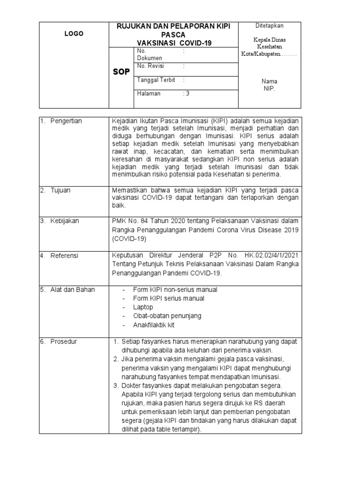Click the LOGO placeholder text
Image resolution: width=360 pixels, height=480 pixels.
(74, 34)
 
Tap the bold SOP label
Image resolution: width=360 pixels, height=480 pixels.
(121, 72)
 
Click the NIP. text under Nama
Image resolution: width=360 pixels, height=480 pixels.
(269, 89)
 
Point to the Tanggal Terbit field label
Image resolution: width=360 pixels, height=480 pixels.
(156, 80)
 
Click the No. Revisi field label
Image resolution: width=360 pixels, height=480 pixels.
(150, 66)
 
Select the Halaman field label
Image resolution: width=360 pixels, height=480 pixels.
(149, 94)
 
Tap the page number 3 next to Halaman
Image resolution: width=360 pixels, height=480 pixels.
(187, 94)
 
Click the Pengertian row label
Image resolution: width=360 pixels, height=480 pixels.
(66, 121)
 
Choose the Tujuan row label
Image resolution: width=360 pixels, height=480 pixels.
(60, 190)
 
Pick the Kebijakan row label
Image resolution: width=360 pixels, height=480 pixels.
(64, 221)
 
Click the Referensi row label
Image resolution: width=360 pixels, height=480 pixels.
(64, 256)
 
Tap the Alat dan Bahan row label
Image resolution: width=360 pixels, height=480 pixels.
(72, 290)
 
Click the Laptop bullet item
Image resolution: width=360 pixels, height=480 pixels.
(143, 307)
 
